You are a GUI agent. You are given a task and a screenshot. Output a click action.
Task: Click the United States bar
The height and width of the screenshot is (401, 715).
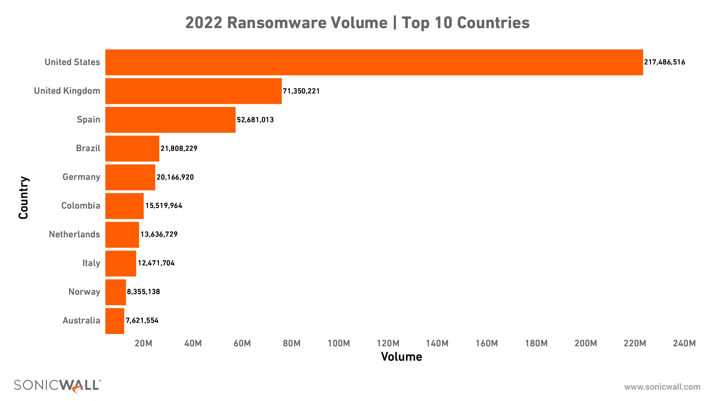374,62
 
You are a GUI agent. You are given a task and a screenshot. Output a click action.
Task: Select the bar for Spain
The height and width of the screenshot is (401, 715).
170,120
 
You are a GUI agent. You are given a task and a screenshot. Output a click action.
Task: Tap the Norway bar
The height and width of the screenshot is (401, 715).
116,292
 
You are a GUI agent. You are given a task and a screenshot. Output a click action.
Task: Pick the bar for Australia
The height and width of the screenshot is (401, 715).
115,321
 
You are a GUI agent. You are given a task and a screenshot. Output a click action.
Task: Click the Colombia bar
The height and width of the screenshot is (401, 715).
124,206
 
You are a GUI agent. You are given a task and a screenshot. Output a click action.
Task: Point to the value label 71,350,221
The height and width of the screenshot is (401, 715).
301,91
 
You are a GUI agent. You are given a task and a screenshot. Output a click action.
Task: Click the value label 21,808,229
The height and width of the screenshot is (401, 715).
179,148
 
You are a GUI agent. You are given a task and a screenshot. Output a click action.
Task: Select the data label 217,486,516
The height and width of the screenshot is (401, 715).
664,62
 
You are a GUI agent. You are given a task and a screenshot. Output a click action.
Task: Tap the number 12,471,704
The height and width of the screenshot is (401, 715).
156,263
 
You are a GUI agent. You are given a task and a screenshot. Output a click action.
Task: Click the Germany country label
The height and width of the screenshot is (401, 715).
81,177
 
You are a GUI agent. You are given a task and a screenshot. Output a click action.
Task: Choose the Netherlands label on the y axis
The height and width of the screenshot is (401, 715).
74,235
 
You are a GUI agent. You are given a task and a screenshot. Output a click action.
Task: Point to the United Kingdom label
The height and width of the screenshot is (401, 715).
67,91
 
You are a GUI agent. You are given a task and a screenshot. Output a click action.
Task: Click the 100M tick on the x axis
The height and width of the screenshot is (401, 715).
339,343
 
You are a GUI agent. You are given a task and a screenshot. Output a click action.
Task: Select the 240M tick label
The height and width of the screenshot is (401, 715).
684,343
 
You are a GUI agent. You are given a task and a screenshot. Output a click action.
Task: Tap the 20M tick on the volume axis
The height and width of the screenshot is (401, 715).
143,343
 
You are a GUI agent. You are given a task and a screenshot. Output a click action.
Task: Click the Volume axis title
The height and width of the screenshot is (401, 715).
401,357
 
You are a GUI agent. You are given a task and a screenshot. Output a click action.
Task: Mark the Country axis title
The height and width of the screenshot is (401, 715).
23,198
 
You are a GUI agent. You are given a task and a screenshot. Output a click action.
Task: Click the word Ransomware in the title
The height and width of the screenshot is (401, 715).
307,23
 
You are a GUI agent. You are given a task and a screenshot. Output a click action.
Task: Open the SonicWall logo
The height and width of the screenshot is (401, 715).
57,386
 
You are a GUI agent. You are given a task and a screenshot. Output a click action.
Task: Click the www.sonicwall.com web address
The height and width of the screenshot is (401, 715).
662,387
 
